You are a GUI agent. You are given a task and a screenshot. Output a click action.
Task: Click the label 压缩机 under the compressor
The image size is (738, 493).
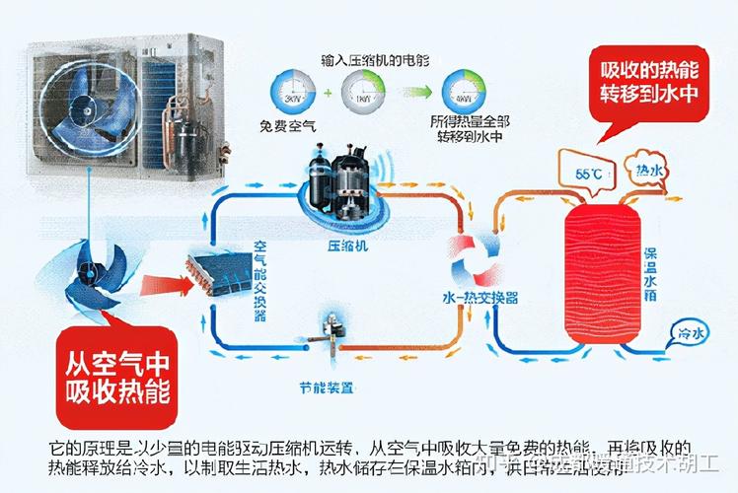(x=348, y=246)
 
